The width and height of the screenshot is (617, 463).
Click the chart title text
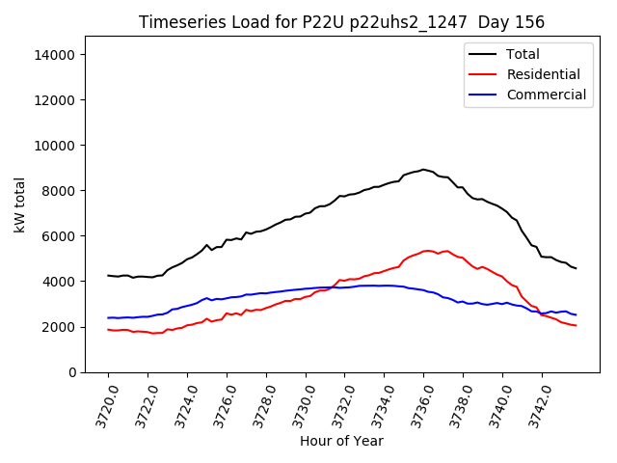pos(341,22)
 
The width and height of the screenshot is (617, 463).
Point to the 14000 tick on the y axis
pos(54,55)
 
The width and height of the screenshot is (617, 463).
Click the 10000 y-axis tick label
pos(54,146)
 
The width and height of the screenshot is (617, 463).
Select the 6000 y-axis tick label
pos(58,236)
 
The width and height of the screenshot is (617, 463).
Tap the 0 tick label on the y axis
pos(70,372)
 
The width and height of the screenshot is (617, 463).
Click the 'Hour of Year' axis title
pos(341,441)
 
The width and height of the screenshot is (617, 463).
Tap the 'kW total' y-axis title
pos(19,204)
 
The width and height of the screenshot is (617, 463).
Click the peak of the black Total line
pos(422,170)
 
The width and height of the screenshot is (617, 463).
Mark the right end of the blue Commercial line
pos(576,314)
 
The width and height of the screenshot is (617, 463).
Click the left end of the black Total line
pos(108,276)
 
